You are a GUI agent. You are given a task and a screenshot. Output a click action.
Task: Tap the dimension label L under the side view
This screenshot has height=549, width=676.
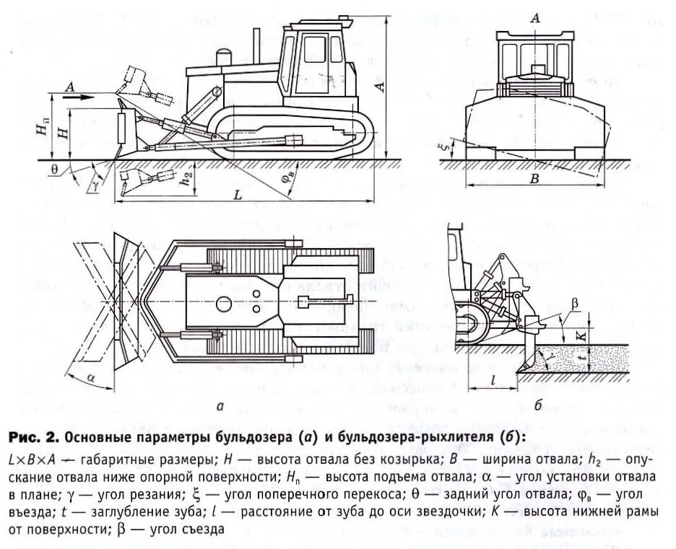click(x=238, y=195)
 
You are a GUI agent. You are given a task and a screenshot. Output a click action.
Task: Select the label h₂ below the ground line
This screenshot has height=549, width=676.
click(x=186, y=180)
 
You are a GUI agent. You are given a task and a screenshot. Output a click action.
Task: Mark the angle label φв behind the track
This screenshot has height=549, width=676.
click(x=290, y=175)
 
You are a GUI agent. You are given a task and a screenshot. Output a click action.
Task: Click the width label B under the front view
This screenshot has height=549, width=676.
click(x=535, y=178)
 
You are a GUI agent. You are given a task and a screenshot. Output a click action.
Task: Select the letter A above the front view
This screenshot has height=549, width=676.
click(x=535, y=20)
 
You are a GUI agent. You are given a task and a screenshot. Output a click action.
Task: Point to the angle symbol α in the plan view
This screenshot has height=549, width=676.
click(x=91, y=376)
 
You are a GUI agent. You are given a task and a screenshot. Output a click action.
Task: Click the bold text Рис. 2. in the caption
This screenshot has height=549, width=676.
click(x=33, y=438)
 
